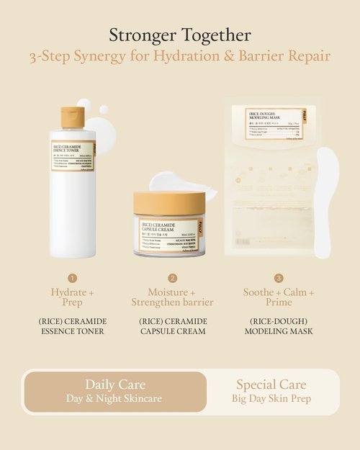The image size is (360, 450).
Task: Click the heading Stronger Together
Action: [x=180, y=34]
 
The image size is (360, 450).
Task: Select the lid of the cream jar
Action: [x=168, y=204]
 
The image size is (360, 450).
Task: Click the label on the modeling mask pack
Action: [x=274, y=123]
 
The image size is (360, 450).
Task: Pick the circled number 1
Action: [x=73, y=278]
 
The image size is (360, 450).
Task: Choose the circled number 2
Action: [x=172, y=278]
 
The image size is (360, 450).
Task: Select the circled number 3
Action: [x=279, y=278]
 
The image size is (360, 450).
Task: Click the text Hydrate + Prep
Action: [x=73, y=297]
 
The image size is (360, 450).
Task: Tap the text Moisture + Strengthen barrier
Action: [x=172, y=297]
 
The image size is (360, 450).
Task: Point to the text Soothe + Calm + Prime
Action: [x=279, y=297]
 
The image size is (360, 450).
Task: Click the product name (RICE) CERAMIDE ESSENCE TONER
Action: [x=73, y=325]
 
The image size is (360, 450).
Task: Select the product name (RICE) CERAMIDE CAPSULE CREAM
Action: [x=172, y=325]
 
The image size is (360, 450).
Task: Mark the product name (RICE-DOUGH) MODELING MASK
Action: [x=279, y=325]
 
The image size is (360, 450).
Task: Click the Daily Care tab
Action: [x=114, y=391]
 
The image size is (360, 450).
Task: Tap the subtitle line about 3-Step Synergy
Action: [x=180, y=56]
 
